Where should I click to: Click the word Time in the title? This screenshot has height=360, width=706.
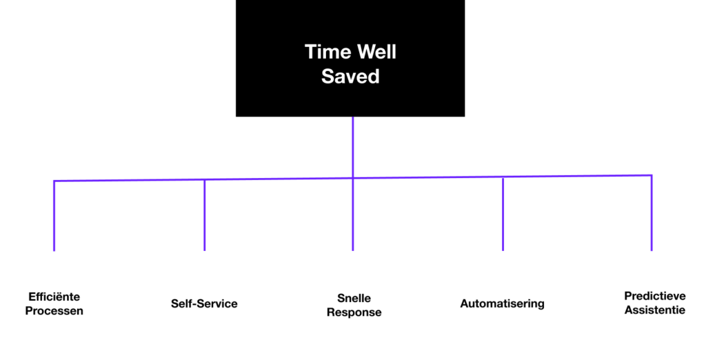(326, 52)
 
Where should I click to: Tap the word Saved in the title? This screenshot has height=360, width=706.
(350, 76)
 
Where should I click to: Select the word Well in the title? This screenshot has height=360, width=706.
(374, 52)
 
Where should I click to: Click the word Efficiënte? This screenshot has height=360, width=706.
(54, 297)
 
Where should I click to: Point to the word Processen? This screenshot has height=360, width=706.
(54, 311)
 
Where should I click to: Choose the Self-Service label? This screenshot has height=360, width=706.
(204, 303)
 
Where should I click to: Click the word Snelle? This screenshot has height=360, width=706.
(354, 299)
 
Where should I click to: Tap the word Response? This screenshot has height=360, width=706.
(354, 312)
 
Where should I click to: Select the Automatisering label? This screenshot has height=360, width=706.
(502, 303)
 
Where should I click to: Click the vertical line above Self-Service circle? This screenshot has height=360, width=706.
(205, 214)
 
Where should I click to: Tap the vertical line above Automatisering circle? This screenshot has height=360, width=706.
(503, 213)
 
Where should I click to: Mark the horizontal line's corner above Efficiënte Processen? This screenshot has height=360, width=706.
(54, 181)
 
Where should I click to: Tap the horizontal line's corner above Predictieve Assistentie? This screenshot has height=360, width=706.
(652, 176)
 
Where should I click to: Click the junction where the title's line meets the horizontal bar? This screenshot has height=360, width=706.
(352, 178)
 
